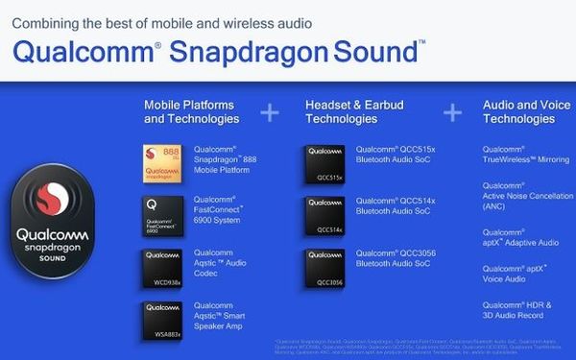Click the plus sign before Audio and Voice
pos(451,112)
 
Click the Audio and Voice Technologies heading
pos(518,112)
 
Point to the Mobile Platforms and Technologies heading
pos(191,112)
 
